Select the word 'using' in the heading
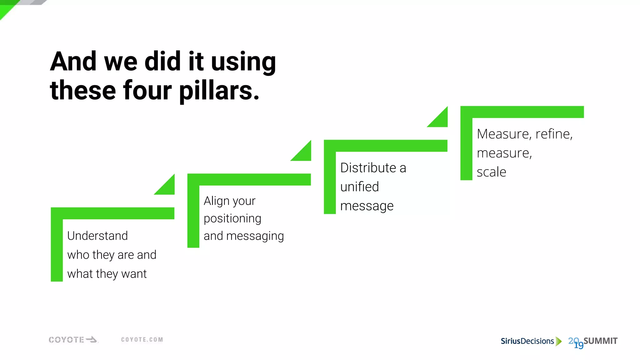tap(243, 62)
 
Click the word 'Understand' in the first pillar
tap(97, 236)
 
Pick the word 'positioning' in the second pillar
tap(232, 218)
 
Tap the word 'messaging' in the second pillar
tap(255, 236)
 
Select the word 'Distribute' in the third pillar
tap(368, 168)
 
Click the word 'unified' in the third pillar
tap(359, 187)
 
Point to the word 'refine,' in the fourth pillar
tap(554, 134)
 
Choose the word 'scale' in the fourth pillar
tap(491, 172)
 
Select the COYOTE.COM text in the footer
tap(142, 340)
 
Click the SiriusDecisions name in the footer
tap(527, 341)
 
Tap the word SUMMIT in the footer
tap(600, 341)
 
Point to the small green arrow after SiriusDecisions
tap(558, 341)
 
